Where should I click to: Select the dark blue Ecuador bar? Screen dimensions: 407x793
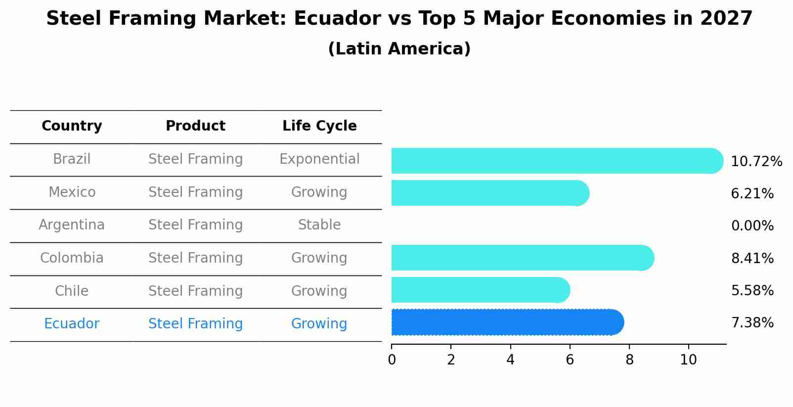point(507,322)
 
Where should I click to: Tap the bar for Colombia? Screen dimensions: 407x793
point(522,258)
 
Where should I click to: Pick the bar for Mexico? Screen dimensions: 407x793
point(489,193)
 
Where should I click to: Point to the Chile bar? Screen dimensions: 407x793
point(480,290)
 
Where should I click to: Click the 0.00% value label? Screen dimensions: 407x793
point(752,226)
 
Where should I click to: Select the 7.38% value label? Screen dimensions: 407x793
point(752,323)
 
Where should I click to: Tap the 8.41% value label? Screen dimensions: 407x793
point(752,258)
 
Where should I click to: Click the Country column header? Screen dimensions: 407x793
point(72,126)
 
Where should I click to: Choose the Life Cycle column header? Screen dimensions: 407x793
point(319,126)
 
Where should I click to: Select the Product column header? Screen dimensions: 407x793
point(195,126)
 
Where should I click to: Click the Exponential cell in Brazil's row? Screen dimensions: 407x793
point(319,159)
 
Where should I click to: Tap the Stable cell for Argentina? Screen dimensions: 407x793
point(319,225)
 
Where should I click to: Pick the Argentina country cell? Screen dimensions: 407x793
point(72,225)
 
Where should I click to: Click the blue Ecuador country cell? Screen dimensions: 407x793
point(72,324)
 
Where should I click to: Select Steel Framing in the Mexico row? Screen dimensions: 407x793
point(195,192)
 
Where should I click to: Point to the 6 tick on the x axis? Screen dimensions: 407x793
point(570,360)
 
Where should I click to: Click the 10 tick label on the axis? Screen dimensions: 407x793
point(688,360)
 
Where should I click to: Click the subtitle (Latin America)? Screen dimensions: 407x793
point(399,49)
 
